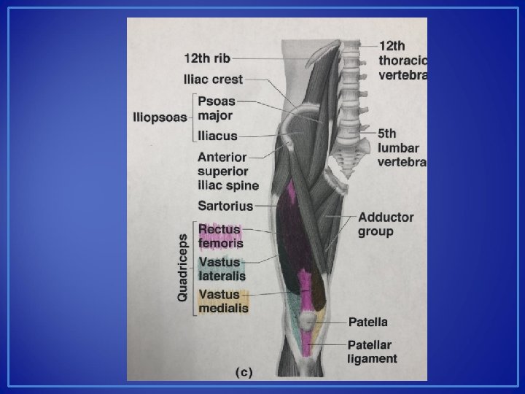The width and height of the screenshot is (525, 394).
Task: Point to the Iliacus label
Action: click(x=217, y=136)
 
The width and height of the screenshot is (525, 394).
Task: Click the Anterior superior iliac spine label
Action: click(x=227, y=171)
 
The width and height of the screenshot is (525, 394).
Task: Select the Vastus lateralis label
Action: click(x=222, y=269)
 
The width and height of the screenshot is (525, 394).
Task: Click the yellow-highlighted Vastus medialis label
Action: click(x=223, y=301)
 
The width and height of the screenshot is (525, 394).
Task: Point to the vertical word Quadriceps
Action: click(x=183, y=267)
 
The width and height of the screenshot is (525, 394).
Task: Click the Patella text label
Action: click(x=368, y=322)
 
